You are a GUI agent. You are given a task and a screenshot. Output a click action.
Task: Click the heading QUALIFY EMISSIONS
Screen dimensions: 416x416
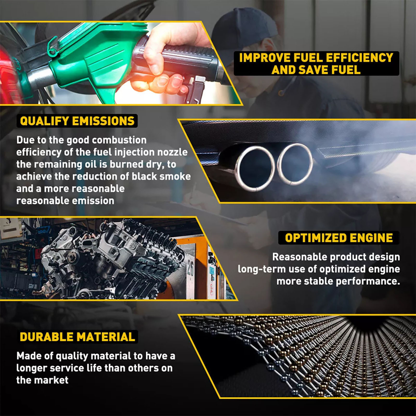point(77,121)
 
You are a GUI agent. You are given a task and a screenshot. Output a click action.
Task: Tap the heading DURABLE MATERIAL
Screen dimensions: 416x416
point(77,337)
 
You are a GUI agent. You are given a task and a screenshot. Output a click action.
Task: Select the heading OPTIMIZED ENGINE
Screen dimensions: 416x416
point(339,238)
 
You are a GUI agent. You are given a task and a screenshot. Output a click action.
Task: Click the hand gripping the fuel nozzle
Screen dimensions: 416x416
point(166,60)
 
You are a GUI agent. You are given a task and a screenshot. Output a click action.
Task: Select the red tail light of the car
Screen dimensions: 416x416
point(9,75)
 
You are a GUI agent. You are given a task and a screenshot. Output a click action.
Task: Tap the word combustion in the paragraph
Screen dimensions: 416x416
point(119,140)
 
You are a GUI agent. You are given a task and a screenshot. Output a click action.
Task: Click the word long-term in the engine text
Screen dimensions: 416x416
point(262,269)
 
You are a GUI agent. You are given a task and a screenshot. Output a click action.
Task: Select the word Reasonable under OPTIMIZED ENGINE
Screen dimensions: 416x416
point(300,257)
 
